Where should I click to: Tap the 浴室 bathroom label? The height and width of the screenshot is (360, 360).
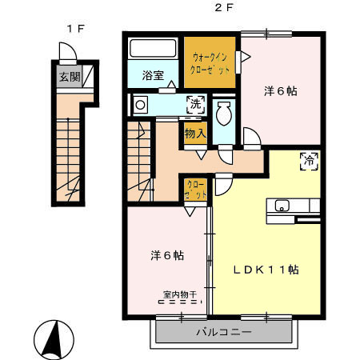153,76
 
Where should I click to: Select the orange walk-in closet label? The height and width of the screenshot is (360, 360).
212,62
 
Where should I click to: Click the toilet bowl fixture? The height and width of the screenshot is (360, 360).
223,115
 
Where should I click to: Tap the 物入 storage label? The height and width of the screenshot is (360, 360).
194,134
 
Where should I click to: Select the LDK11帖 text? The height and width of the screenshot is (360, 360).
266,270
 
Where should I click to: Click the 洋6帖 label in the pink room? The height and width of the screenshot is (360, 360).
281,90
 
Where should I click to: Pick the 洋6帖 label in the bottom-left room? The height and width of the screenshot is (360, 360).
168,256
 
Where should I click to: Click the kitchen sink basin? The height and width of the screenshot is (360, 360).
282,206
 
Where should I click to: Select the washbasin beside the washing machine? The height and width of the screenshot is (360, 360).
141,104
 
